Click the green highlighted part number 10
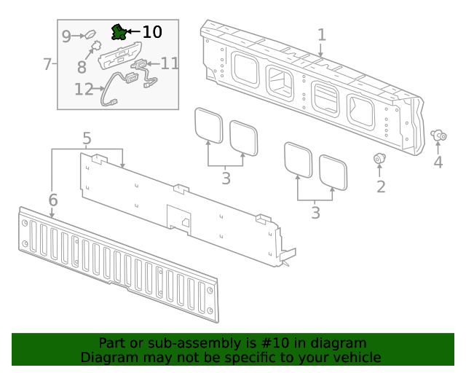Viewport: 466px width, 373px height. tap(117, 31)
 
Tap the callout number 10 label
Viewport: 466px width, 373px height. tap(151, 32)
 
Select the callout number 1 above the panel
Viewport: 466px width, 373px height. tap(321, 35)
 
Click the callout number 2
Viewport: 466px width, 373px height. tap(380, 186)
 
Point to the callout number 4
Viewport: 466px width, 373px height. tap(438, 162)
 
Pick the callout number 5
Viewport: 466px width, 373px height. tap(87, 138)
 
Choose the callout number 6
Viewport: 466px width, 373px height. tap(53, 200)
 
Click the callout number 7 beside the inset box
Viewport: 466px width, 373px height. tap(47, 64)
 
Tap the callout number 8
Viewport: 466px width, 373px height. tap(82, 67)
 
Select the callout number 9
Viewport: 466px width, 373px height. tap(66, 36)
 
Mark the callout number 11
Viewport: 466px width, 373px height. tap(170, 63)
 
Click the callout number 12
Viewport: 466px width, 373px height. tap(84, 90)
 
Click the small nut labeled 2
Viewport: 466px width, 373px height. tap(379, 159)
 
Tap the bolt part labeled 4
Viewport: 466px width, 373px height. tap(439, 135)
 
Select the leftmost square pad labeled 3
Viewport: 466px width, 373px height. tap(209, 125)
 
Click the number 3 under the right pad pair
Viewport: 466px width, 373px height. tap(315, 213)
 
